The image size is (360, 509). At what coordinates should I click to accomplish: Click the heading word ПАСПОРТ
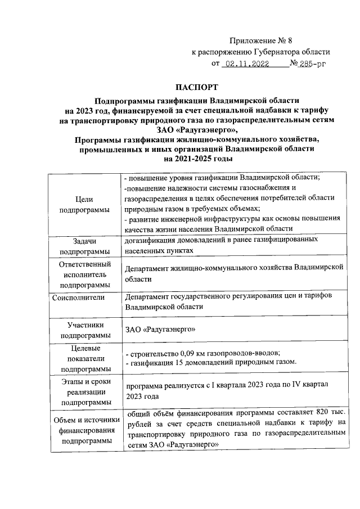point(195,88)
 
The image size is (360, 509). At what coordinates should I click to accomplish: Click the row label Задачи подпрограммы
point(84,246)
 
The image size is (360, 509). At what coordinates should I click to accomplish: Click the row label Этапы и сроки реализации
point(84,392)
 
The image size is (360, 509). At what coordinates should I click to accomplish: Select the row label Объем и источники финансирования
point(84,431)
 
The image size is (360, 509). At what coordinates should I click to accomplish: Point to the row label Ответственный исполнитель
point(84,274)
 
